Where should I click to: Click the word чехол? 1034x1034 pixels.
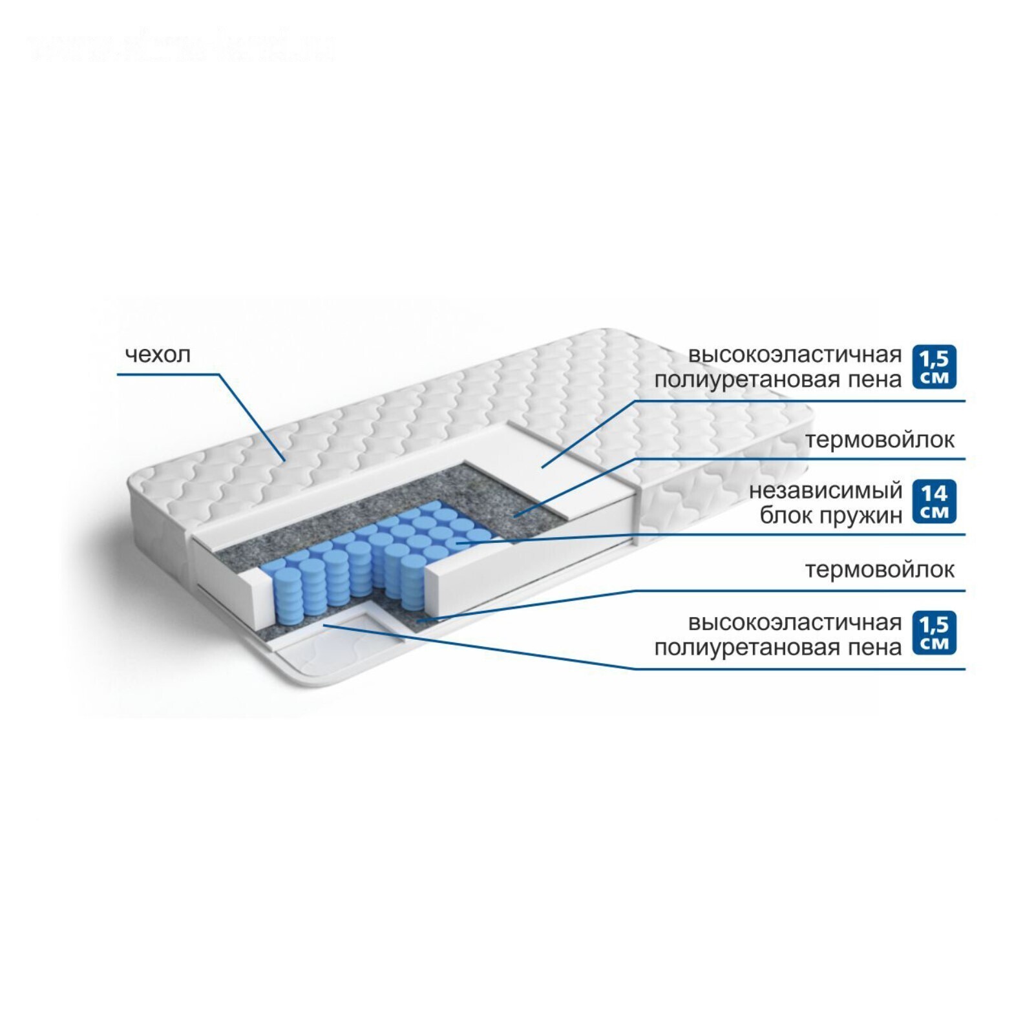click(158, 355)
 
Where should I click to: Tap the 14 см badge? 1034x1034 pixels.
click(934, 502)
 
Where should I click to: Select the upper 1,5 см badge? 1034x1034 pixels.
click(934, 367)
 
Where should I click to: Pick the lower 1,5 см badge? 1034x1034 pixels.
click(934, 633)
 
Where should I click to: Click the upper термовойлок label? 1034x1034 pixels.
click(880, 440)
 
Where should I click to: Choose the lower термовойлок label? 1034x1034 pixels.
click(880, 569)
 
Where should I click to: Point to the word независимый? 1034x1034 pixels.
click(825, 491)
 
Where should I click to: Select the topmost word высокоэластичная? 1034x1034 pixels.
click(794, 355)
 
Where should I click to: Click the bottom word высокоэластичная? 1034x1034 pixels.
click(794, 622)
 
